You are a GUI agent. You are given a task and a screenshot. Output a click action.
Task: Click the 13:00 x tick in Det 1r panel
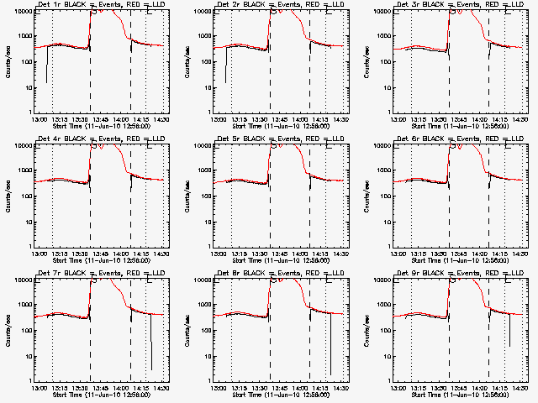pyautogui.click(x=39, y=120)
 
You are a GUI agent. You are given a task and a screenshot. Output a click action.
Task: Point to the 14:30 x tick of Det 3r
pyautogui.click(x=520, y=120)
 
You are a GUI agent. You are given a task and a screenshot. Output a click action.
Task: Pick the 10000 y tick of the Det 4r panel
pyautogui.click(x=20, y=145)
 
